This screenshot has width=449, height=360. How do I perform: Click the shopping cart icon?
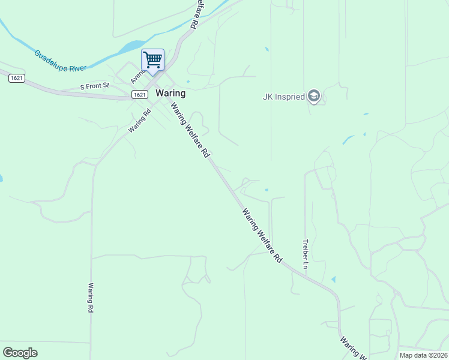click(x=152, y=59)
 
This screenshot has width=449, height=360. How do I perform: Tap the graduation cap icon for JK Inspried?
click(x=313, y=96)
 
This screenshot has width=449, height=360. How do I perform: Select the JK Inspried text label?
click(x=284, y=97)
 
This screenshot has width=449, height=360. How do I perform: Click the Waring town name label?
click(x=170, y=94)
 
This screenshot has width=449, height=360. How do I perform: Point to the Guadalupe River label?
click(x=61, y=61)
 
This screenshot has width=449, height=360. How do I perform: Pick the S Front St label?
click(x=95, y=86)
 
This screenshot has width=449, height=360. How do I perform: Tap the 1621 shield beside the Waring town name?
click(x=139, y=94)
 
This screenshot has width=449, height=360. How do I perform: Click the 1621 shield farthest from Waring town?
click(x=17, y=79)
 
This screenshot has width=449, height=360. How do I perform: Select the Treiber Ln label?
click(x=305, y=254)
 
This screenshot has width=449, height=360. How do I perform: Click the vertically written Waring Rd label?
click(x=91, y=298)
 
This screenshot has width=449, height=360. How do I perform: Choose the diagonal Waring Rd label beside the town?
click(x=137, y=120)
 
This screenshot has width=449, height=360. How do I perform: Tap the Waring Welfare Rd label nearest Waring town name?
click(x=190, y=130)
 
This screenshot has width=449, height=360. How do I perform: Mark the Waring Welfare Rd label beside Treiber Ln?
click(x=262, y=235)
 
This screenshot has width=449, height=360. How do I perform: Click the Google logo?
click(x=20, y=353)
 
